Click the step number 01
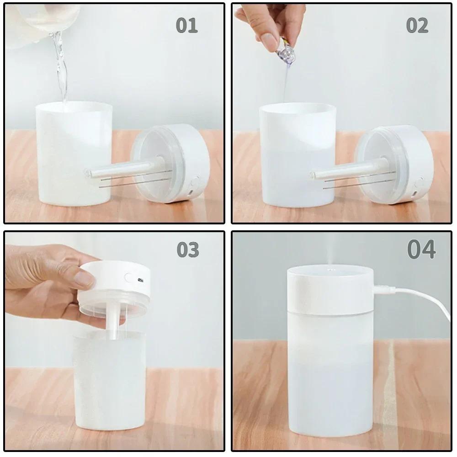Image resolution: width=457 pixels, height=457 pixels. pyautogui.click(x=187, y=26)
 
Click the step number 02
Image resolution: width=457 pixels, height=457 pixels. pyautogui.click(x=417, y=26)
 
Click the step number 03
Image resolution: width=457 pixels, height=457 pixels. pyautogui.click(x=188, y=250)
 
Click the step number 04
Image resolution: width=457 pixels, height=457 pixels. pyautogui.click(x=421, y=250)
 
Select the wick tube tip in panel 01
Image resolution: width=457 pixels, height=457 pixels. pyautogui.click(x=90, y=173)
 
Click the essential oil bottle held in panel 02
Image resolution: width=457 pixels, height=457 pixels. pyautogui.click(x=283, y=46)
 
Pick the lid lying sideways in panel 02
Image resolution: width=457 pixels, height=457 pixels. pyautogui.click(x=398, y=165)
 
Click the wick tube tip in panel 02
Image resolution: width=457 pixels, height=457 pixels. pyautogui.click(x=314, y=174)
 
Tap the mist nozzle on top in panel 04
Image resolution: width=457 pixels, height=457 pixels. pyautogui.click(x=329, y=271)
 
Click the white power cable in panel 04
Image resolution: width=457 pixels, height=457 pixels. pyautogui.click(x=425, y=299)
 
